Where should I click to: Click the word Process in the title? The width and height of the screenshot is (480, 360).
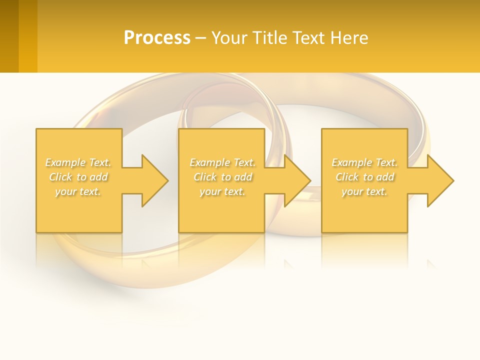(x=157, y=38)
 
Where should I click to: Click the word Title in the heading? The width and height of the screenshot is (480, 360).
(x=268, y=38)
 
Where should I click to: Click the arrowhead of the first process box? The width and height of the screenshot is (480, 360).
(x=154, y=180)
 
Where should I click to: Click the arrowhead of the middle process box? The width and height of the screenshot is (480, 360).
(x=297, y=180)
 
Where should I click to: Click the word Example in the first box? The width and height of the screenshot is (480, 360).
(x=65, y=162)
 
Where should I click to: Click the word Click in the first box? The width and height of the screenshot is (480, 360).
(x=60, y=177)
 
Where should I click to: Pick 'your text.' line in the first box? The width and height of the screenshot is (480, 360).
(x=78, y=191)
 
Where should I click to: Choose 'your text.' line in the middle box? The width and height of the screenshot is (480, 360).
(x=222, y=191)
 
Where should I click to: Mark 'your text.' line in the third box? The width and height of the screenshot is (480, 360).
(x=364, y=191)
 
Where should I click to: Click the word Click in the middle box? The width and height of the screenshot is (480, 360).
(x=204, y=177)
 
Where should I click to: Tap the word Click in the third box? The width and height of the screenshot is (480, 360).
(x=346, y=177)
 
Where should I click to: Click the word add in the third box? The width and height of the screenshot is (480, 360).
(x=385, y=177)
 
